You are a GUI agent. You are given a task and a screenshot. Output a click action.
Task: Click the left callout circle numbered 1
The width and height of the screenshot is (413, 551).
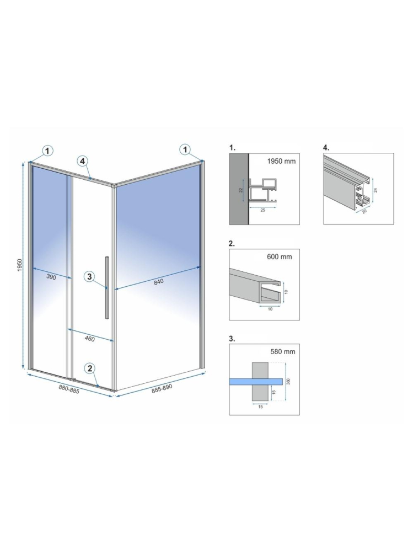pyautogui.click(x=48, y=149)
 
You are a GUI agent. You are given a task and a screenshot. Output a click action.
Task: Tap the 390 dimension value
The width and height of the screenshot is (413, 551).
pyautogui.click(x=51, y=277)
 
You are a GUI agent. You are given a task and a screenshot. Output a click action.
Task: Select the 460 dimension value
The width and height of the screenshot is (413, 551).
pyautogui.click(x=89, y=339)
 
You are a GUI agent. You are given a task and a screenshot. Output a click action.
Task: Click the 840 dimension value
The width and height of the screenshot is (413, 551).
pyautogui.click(x=159, y=282)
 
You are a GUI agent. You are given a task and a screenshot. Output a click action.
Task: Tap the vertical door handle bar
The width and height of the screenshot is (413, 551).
pyautogui.click(x=107, y=287)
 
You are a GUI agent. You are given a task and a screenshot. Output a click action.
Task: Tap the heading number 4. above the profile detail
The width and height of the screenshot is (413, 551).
pyautogui.click(x=326, y=148)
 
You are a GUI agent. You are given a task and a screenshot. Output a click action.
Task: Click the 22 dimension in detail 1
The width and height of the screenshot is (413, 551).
pyautogui.click(x=240, y=190)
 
